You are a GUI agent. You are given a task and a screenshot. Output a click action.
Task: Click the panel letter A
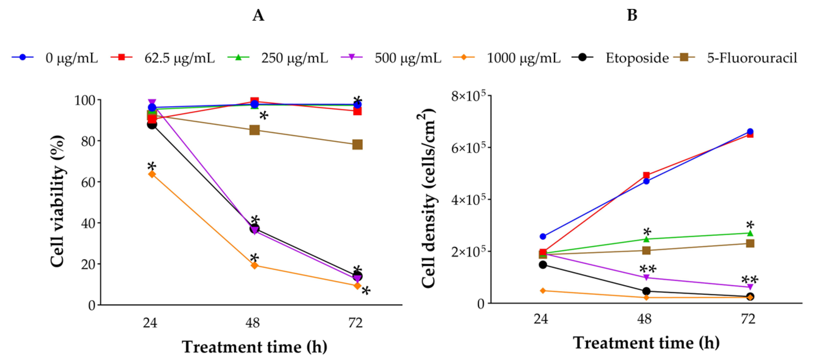(258, 15)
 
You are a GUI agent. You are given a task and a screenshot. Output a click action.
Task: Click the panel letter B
(632, 15)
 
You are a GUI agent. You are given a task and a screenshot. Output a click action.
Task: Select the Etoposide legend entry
(637, 58)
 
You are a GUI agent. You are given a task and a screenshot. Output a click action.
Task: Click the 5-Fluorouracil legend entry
(752, 58)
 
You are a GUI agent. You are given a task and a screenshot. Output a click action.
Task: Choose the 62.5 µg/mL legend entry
(179, 58)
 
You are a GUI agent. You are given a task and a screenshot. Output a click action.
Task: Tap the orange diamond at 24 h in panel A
(152, 174)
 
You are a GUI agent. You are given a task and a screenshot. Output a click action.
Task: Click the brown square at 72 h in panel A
(357, 145)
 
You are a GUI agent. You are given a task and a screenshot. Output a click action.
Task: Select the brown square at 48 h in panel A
(254, 130)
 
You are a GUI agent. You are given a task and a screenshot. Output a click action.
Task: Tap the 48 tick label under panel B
(644, 319)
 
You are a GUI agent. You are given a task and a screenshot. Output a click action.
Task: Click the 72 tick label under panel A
(356, 323)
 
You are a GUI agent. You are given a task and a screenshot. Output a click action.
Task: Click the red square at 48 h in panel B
(646, 175)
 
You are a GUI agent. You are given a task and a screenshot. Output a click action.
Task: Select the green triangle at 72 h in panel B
(750, 233)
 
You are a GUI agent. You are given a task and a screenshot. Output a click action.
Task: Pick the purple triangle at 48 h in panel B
(646, 277)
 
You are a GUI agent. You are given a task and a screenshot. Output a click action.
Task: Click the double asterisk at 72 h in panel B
(750, 280)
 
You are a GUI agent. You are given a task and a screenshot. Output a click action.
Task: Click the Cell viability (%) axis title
(58, 201)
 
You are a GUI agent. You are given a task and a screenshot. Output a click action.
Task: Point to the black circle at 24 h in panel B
(543, 265)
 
